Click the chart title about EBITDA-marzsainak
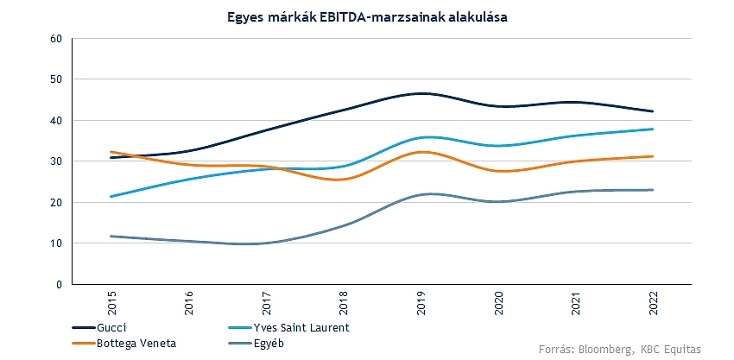click(x=366, y=16)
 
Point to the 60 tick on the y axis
click(x=56, y=39)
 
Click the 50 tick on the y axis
click(x=56, y=79)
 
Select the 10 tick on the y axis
click(x=56, y=243)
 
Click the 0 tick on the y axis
click(x=59, y=284)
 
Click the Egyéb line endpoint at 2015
click(x=113, y=236)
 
